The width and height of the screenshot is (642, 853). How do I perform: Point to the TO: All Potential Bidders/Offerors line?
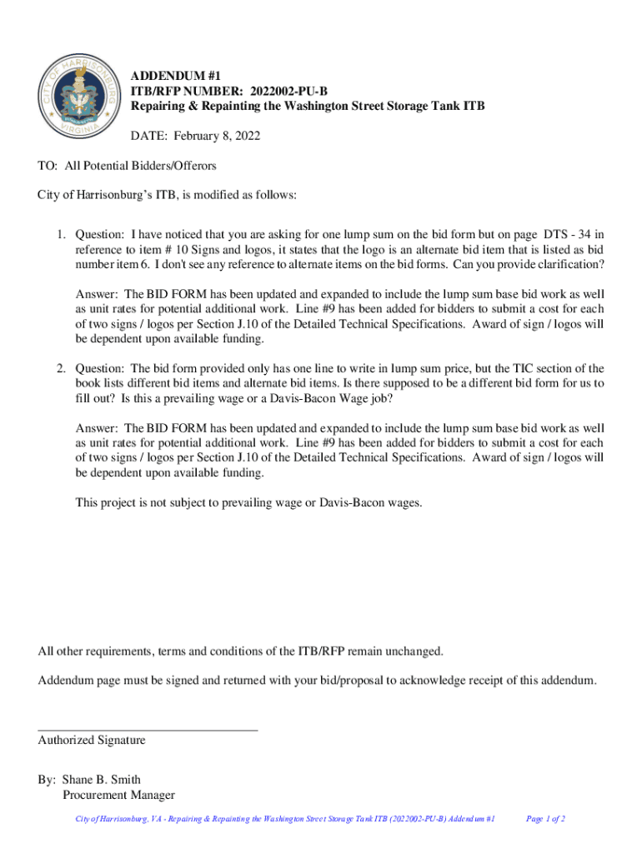pos(127,166)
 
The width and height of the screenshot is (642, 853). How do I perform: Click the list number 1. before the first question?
pos(62,234)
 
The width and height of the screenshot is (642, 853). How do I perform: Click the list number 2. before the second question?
pos(62,368)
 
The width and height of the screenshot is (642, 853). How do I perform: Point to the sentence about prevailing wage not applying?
pos(249,502)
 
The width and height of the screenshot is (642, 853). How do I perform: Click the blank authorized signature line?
pos(148,729)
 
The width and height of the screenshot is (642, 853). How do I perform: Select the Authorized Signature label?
pos(92,740)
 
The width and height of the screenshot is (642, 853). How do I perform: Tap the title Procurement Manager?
pos(119,796)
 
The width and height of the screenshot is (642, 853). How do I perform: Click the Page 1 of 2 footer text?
pos(546,820)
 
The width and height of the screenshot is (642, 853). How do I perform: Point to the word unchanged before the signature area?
pos(411,651)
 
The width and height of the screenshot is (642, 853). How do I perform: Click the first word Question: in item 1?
pos(99,234)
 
